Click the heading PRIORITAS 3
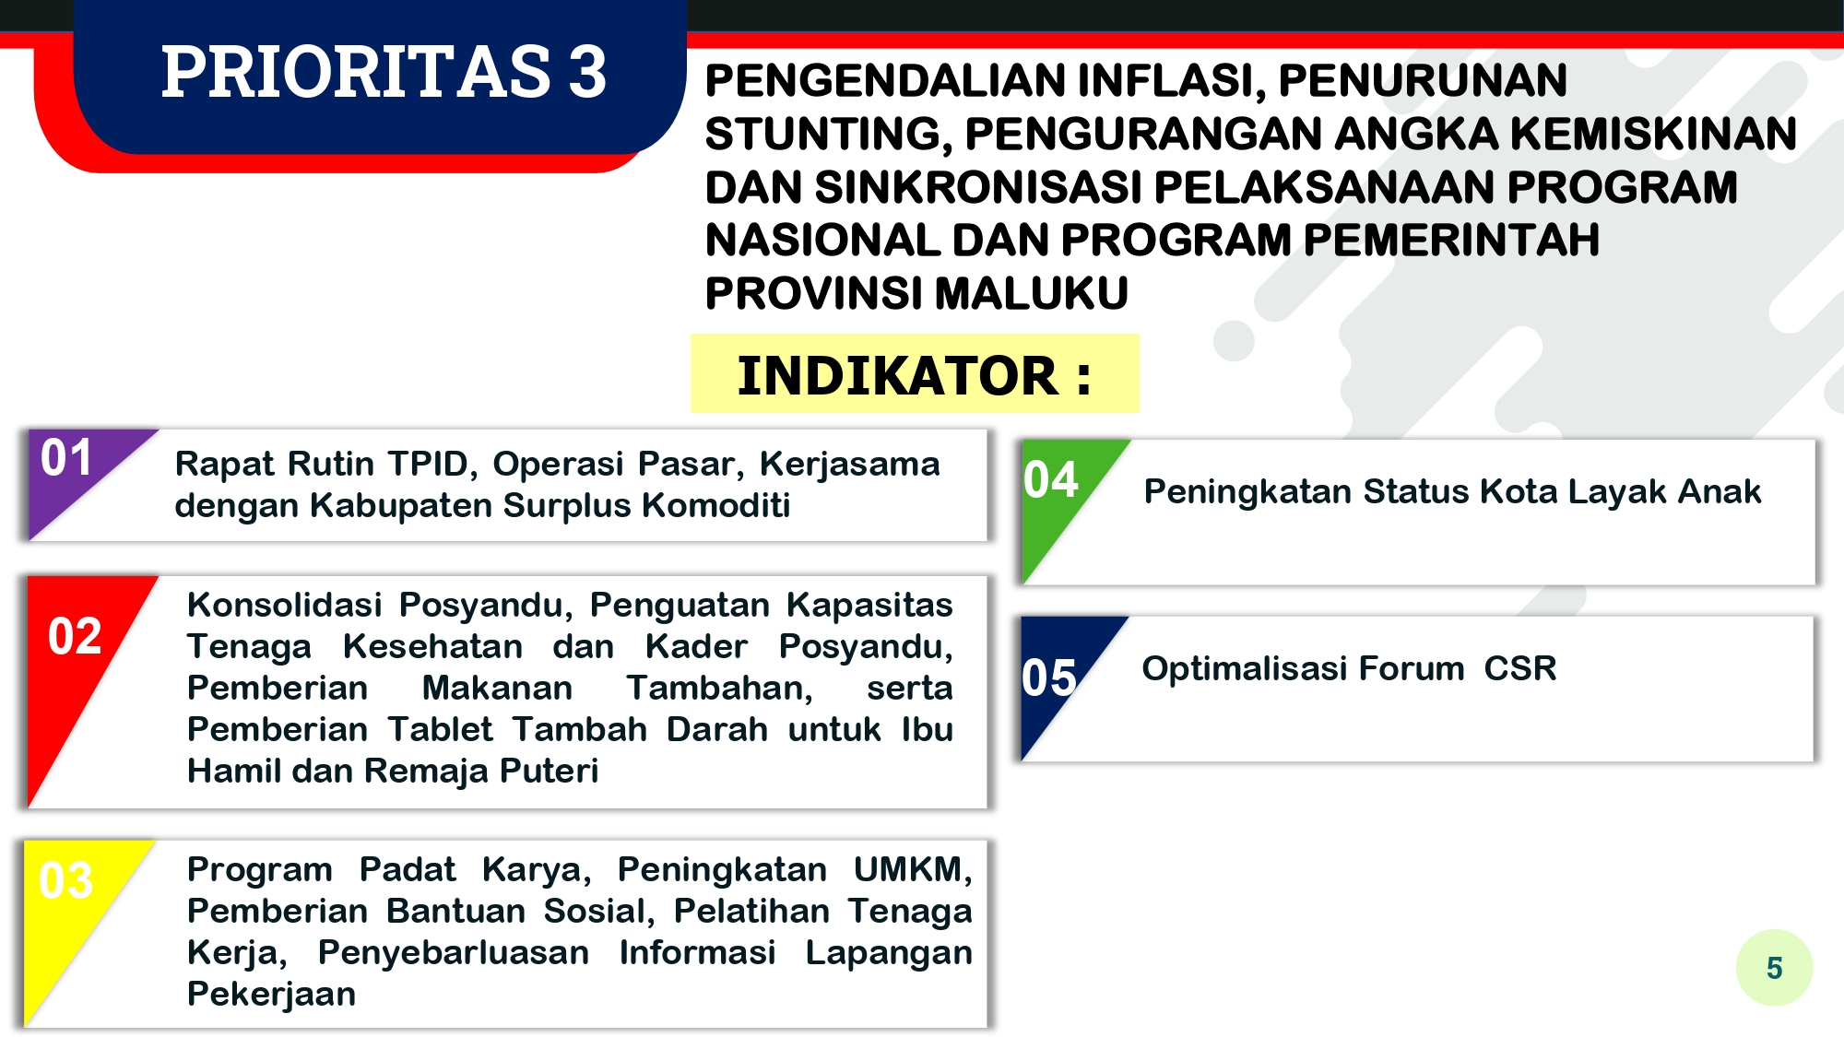pos(384,72)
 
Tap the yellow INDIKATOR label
pos(915,373)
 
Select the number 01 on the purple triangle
pos(66,458)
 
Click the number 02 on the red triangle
pos(75,636)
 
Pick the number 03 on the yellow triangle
pos(66,880)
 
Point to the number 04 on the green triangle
pos(1051,479)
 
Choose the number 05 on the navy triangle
pos(1049,678)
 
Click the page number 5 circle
pos(1774,967)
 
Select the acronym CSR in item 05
pos(1520,668)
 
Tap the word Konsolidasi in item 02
pos(284,605)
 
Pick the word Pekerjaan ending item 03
pos(271,995)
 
